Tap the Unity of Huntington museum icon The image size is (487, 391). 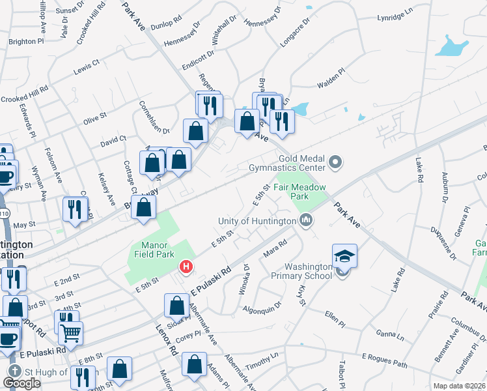point(306,222)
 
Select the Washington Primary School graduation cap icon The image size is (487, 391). point(344,256)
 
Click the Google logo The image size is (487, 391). point(22,383)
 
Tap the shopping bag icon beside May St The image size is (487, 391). point(146,207)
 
